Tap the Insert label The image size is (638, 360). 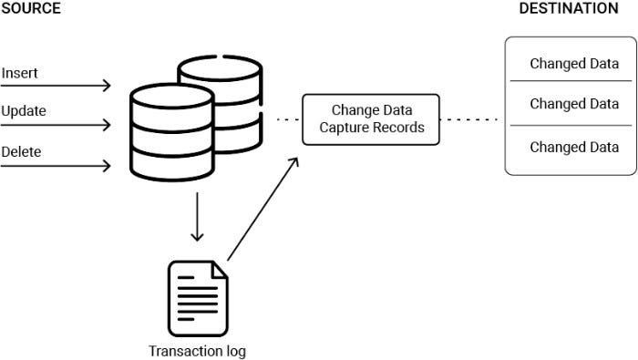pos(20,71)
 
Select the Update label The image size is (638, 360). pos(24,111)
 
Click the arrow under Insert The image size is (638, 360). pos(57,86)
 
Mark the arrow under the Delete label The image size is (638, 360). pos(57,166)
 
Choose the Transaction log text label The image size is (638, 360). pos(198,350)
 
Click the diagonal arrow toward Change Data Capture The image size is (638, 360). pos(262,209)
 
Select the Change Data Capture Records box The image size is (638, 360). pos(371,118)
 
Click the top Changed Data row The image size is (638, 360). pos(574,64)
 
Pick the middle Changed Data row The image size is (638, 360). pos(574,104)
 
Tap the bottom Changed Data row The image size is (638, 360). pos(574,147)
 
